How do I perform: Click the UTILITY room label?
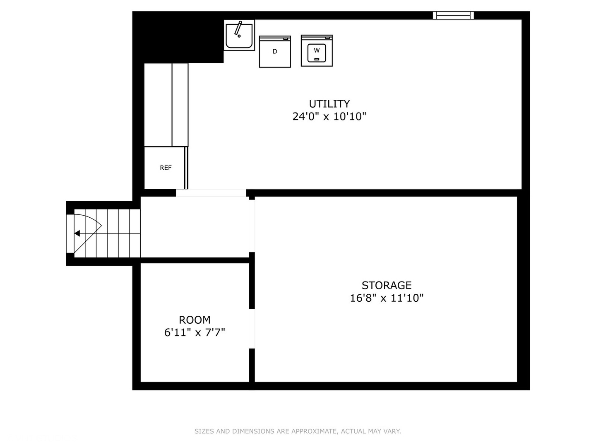329,103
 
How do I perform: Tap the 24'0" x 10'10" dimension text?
329,116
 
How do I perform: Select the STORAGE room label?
387,285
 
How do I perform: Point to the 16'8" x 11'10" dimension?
387,298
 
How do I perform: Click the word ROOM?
195,320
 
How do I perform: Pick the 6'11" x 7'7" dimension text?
195,332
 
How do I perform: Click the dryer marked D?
275,51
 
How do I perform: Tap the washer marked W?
317,51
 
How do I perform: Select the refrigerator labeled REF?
166,168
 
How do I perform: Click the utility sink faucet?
238,29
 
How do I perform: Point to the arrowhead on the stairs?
77,233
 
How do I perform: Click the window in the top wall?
453,15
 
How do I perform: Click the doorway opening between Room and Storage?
252,329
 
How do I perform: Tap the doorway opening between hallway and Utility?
211,193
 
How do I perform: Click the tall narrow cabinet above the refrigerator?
180,104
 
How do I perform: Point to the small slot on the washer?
317,59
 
